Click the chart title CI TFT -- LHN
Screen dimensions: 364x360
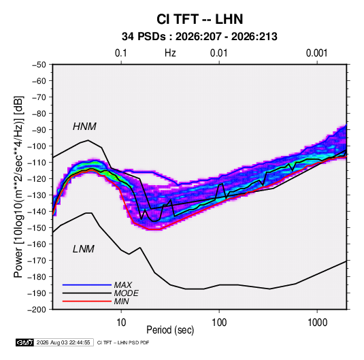point(199,19)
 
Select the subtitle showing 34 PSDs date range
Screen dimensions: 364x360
point(199,37)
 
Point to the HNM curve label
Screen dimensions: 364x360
point(84,127)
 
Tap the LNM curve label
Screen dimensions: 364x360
point(84,249)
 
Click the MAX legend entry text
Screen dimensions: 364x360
point(123,284)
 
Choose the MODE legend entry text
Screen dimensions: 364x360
point(127,293)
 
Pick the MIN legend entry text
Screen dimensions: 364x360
point(121,301)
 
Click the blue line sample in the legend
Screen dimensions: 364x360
point(87,284)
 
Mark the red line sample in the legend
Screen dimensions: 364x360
point(87,301)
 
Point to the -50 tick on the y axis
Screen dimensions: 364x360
point(39,65)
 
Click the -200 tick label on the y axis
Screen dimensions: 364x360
point(37,310)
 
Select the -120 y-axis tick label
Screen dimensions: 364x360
point(37,179)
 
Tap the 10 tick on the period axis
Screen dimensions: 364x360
point(121,323)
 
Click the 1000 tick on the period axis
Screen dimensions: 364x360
point(317,323)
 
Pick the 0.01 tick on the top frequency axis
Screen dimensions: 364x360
point(218,53)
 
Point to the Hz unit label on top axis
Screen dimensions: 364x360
point(170,53)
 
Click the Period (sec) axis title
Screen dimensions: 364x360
point(170,330)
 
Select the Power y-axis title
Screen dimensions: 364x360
point(18,187)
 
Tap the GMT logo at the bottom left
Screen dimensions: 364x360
point(24,342)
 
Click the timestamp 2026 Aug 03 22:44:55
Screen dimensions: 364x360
point(63,342)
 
